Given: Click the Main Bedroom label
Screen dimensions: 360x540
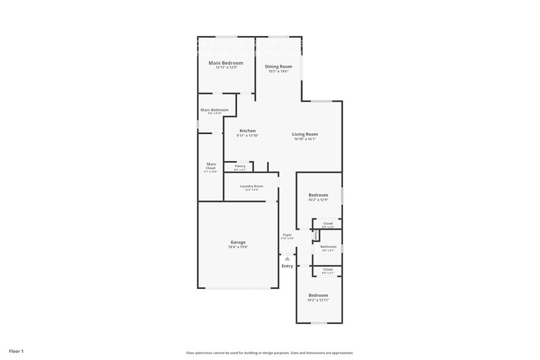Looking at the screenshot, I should pyautogui.click(x=226, y=63).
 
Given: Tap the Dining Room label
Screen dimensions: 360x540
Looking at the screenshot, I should pyautogui.click(x=278, y=67).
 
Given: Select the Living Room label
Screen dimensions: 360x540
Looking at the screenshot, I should pyautogui.click(x=305, y=134).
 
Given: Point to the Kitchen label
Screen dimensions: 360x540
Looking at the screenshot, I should pyautogui.click(x=247, y=131).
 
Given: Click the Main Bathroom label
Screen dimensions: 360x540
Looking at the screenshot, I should pyautogui.click(x=214, y=110).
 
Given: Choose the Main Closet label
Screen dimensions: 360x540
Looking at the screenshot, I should pyautogui.click(x=211, y=165).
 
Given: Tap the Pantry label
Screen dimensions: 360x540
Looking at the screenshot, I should pyautogui.click(x=240, y=166).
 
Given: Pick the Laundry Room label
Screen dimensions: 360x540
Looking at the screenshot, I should pyautogui.click(x=252, y=186).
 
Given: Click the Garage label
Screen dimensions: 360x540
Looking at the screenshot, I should pyautogui.click(x=238, y=242).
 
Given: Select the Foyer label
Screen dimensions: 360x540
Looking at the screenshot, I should pyautogui.click(x=287, y=235).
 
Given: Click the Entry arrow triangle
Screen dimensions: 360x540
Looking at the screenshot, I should pyautogui.click(x=287, y=259).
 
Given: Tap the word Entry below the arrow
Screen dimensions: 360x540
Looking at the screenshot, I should pyautogui.click(x=287, y=266).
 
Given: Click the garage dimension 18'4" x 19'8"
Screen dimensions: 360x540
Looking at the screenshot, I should pyautogui.click(x=238, y=247).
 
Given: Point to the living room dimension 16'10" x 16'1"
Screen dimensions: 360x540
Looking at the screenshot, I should pyautogui.click(x=305, y=139).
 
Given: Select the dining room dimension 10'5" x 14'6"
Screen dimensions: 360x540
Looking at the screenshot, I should pyautogui.click(x=278, y=72).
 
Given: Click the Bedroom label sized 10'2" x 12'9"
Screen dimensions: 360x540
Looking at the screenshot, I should pyautogui.click(x=318, y=195).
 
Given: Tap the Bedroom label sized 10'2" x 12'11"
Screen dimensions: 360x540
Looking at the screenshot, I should pyautogui.click(x=318, y=296).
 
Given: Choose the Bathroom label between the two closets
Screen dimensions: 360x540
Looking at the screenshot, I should pyautogui.click(x=328, y=247).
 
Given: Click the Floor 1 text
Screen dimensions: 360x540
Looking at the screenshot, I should pyautogui.click(x=16, y=351).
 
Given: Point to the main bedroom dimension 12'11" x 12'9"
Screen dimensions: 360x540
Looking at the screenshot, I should pyautogui.click(x=226, y=67).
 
